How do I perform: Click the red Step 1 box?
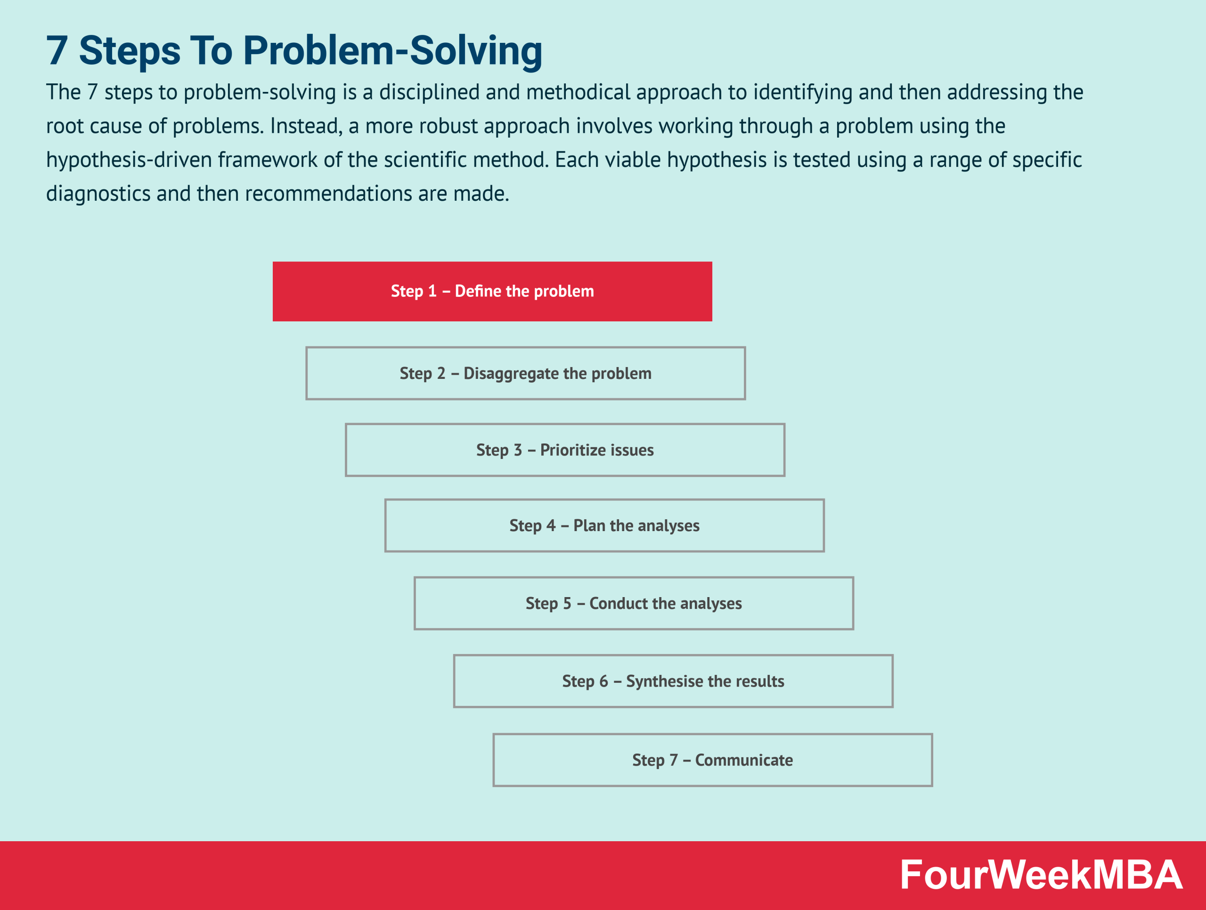(x=492, y=291)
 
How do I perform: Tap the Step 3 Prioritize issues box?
(x=565, y=450)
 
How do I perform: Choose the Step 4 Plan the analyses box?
(x=604, y=525)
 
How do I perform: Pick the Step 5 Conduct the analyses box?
(x=634, y=604)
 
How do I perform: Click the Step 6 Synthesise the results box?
(x=673, y=681)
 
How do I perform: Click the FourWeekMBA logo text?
(x=1041, y=875)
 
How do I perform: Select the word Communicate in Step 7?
(x=744, y=760)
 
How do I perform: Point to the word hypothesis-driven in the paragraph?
(x=129, y=160)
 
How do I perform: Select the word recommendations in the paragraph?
(x=328, y=194)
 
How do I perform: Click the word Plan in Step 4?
(x=589, y=525)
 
